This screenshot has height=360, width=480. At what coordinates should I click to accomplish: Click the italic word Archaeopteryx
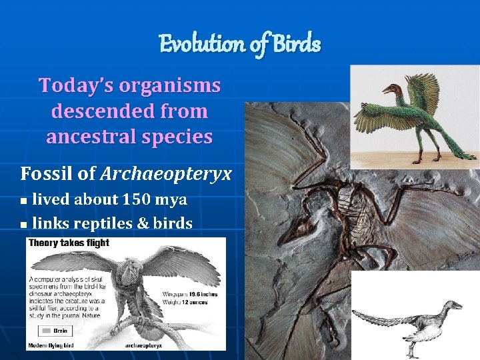[166, 174]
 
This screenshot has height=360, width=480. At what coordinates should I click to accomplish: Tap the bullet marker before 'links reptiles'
[24, 225]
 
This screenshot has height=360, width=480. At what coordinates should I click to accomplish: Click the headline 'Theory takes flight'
[69, 244]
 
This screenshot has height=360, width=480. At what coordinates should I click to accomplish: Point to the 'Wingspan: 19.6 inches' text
[190, 294]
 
